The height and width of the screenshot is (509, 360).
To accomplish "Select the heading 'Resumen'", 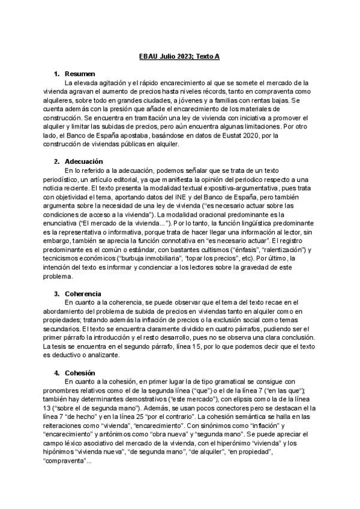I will tap(80, 73).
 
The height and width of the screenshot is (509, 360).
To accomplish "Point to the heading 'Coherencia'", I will tap(83, 294).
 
